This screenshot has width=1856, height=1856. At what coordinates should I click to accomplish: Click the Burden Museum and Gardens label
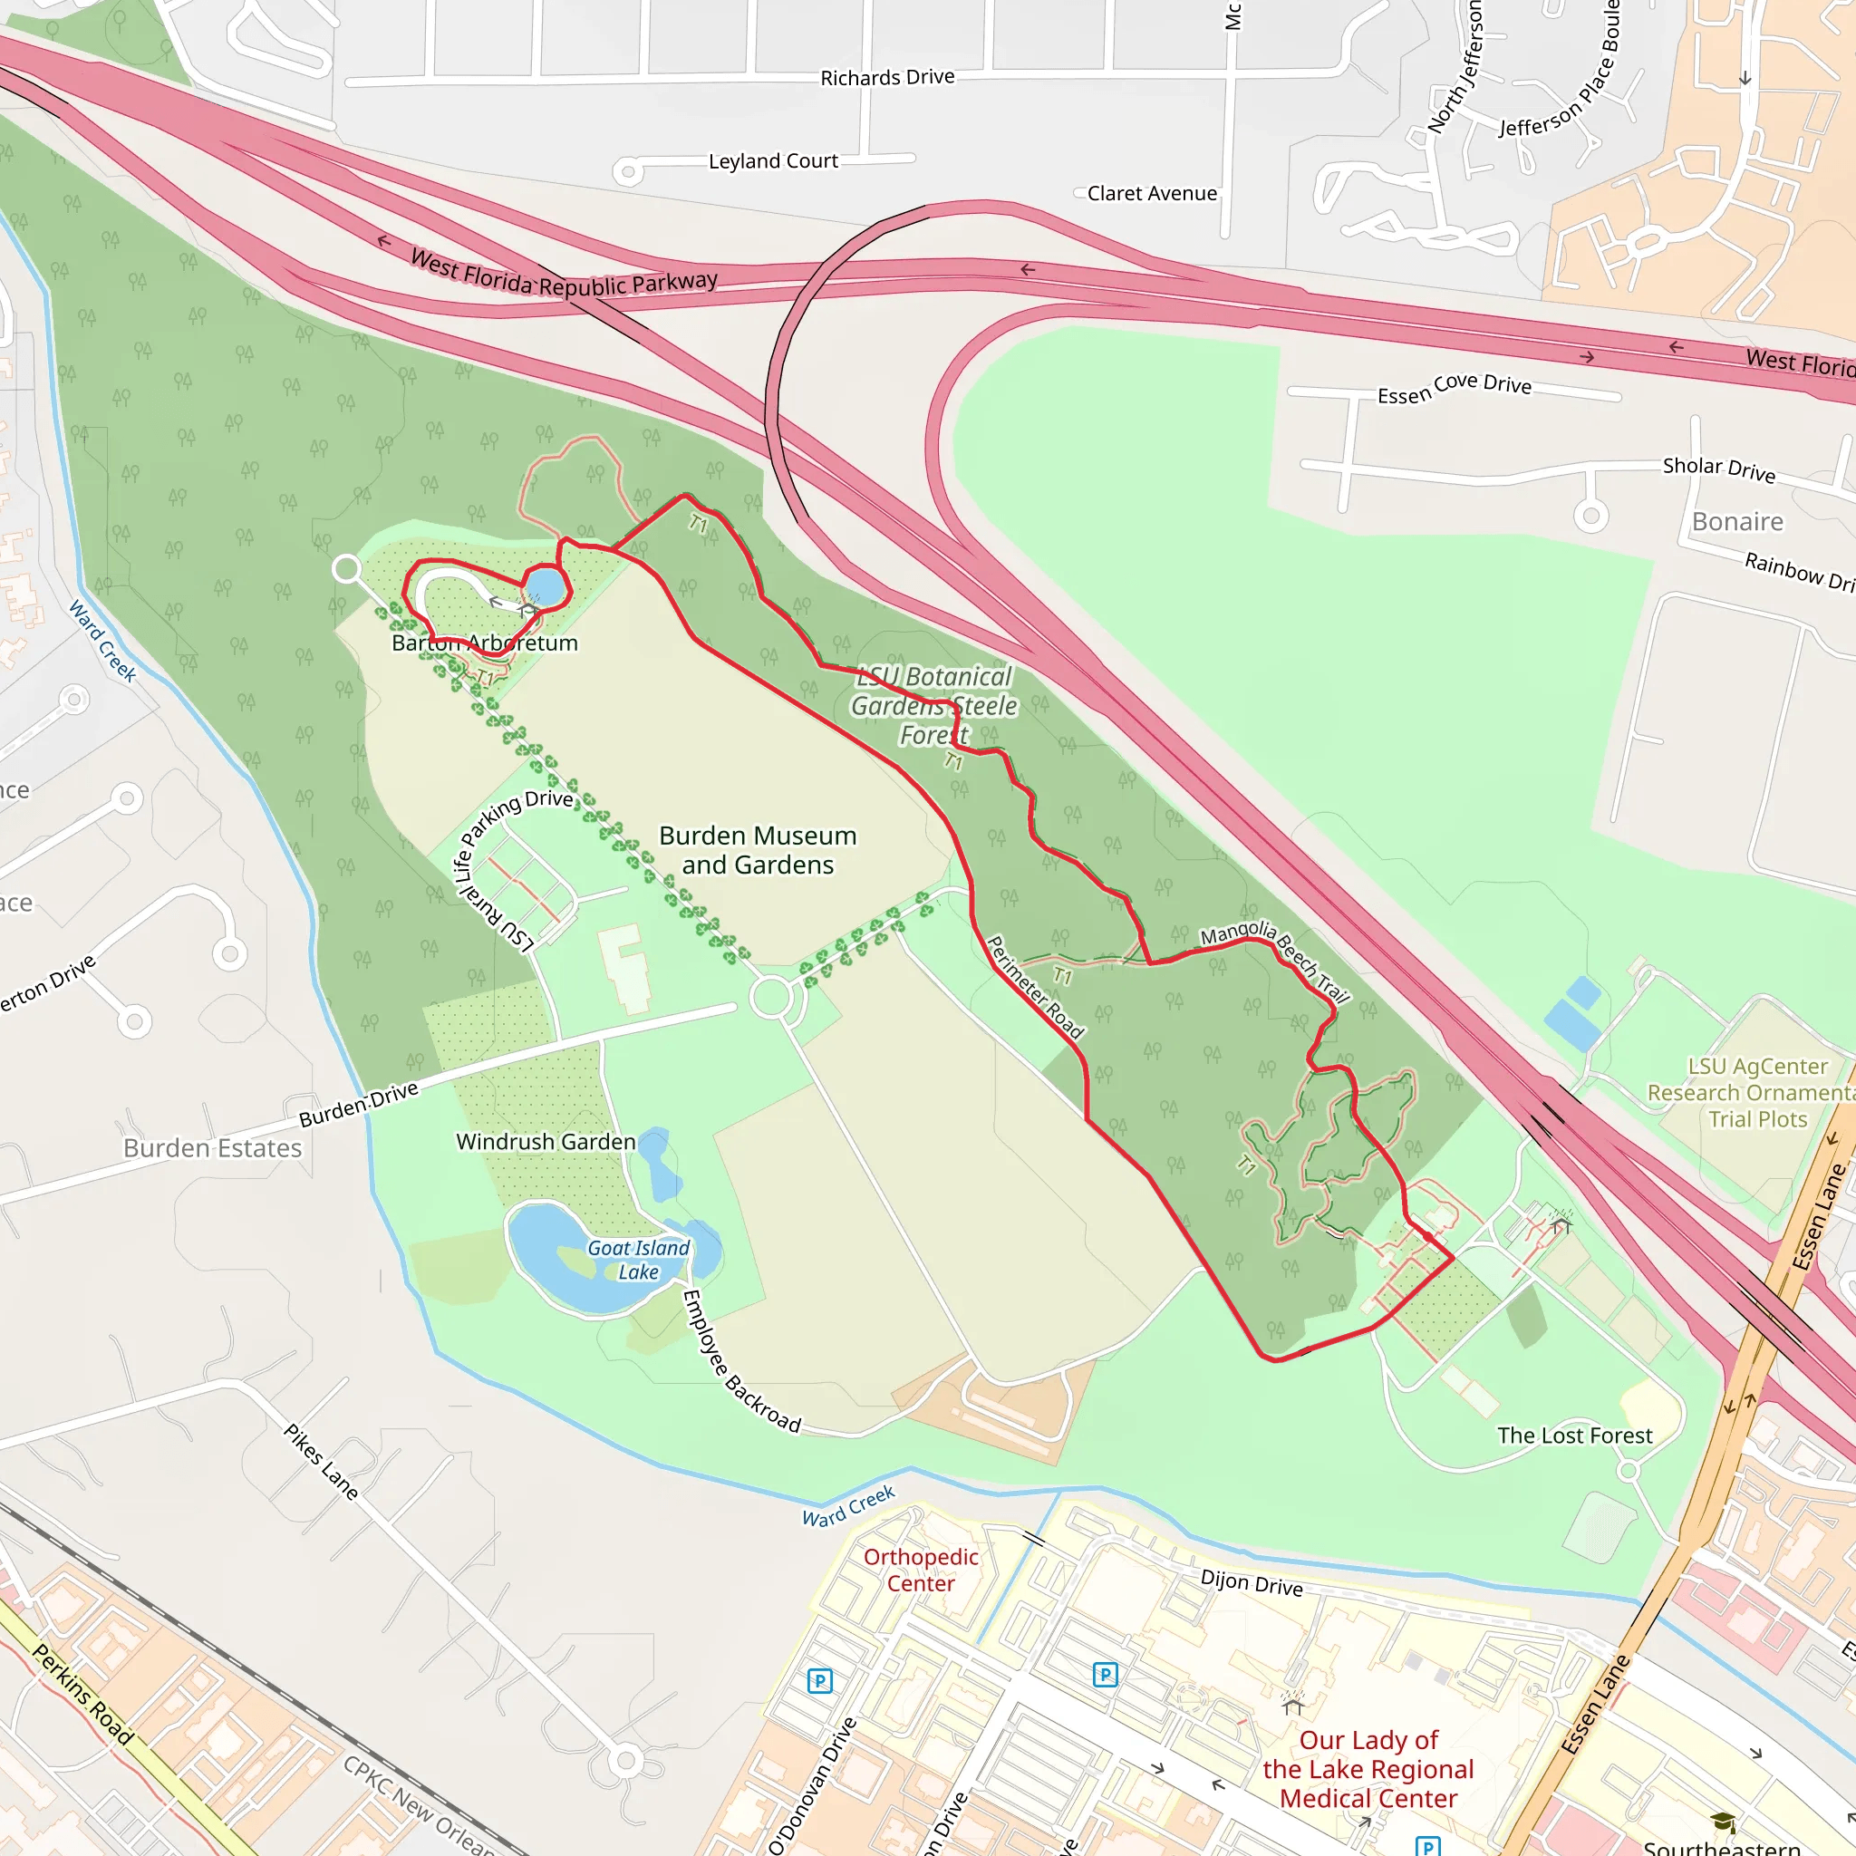point(757,850)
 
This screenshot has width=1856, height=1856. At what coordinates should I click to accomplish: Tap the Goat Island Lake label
point(639,1260)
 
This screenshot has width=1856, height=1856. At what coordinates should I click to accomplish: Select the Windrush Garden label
point(546,1141)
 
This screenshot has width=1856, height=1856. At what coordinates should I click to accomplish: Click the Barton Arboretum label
point(485,643)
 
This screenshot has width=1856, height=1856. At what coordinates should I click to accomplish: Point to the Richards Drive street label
point(886,77)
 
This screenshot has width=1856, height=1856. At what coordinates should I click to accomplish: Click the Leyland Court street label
point(773,160)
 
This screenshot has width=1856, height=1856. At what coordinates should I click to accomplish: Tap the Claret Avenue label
point(1152,193)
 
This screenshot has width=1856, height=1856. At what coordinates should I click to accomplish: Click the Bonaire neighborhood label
point(1737,522)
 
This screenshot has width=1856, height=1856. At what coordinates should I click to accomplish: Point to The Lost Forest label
point(1574,1435)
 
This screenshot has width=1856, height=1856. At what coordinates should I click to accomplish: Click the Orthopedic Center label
point(921,1570)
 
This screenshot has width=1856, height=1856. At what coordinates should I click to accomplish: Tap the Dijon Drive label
point(1252,1582)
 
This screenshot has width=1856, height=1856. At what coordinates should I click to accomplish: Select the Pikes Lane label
point(321,1461)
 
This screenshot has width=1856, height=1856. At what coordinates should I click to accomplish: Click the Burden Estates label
point(212,1148)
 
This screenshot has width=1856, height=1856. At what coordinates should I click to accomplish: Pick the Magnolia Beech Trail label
point(1276,960)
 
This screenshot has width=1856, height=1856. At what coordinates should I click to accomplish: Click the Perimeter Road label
point(1036,988)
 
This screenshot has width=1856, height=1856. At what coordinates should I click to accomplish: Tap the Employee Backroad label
point(740,1361)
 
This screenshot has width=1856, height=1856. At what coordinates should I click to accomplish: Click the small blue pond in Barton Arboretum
point(545,586)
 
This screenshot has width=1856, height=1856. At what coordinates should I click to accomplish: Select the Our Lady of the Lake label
point(1368,1769)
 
